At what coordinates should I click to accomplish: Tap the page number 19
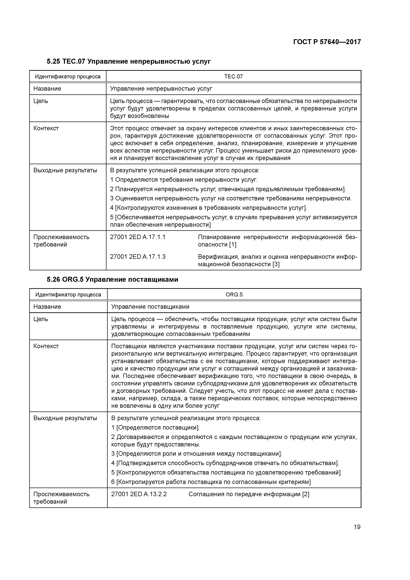(357, 527)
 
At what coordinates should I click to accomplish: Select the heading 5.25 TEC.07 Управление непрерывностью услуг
(129, 61)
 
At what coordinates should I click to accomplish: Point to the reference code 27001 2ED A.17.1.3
(138, 257)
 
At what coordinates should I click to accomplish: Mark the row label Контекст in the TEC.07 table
(46, 128)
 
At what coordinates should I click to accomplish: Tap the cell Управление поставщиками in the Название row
(150, 307)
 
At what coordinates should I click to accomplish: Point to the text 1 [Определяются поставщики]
(155, 428)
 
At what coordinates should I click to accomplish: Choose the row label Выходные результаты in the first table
(65, 170)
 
